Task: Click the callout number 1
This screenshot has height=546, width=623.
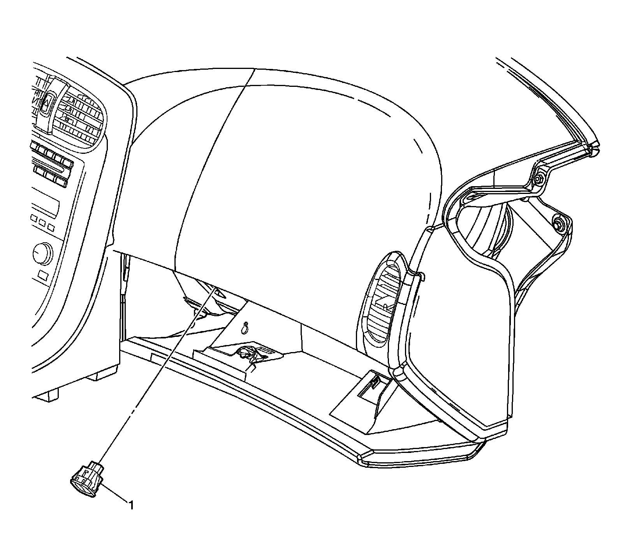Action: coord(132,505)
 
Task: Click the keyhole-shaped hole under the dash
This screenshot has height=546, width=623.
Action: coord(245,328)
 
